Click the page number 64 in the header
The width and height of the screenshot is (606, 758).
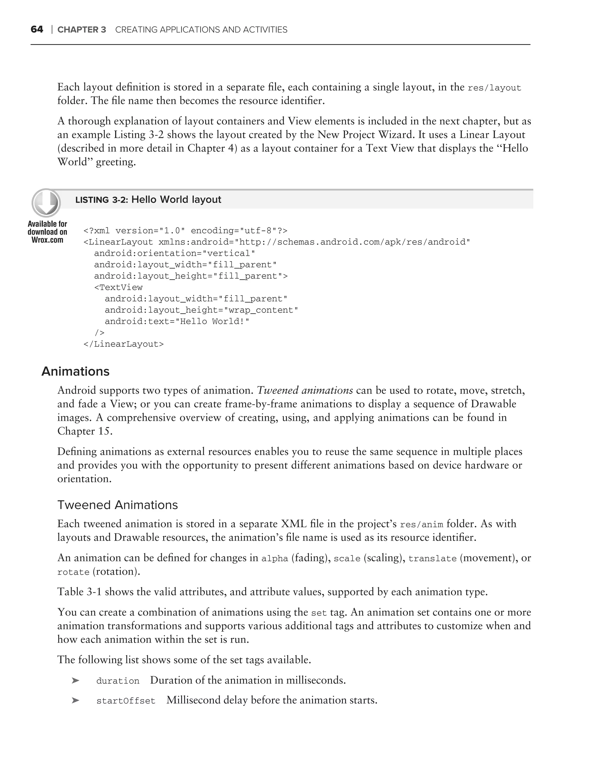point(37,30)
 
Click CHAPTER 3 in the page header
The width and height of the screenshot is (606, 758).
point(81,30)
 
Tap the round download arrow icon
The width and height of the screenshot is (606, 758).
point(46,203)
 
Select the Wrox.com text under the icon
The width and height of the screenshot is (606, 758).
point(47,240)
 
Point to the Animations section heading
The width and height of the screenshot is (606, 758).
point(75,371)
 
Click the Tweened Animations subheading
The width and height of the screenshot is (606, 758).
point(117,505)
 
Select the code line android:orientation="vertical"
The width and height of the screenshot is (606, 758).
point(175,253)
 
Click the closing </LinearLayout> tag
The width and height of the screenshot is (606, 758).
point(123,344)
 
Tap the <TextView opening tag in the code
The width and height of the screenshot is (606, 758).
point(118,288)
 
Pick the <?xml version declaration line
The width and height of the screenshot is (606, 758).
point(185,231)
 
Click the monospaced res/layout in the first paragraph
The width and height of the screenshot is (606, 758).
point(494,88)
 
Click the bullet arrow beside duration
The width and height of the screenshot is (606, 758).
point(75,681)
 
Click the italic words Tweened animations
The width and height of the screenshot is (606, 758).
point(304,390)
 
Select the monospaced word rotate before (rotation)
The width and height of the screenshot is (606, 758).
point(73,572)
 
